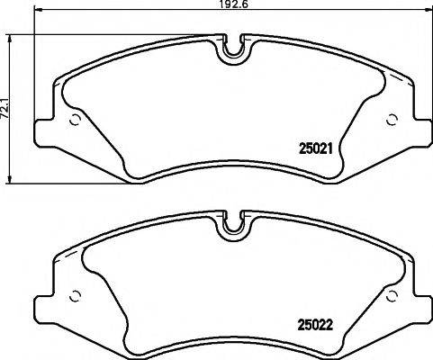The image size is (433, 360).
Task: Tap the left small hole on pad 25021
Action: [76, 121]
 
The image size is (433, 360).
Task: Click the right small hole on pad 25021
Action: [391, 121]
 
